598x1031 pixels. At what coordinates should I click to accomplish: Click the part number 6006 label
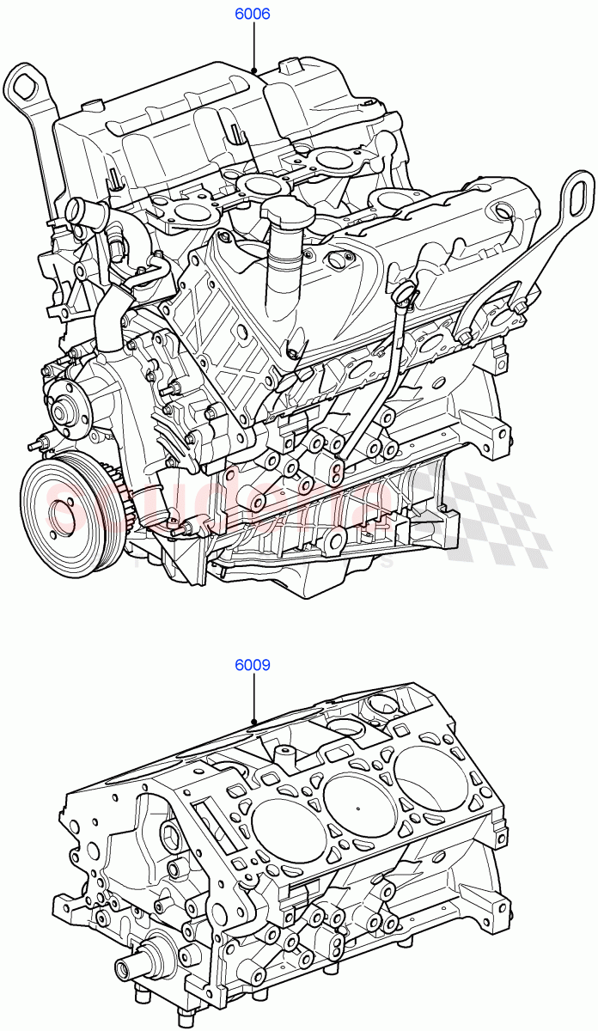(x=253, y=15)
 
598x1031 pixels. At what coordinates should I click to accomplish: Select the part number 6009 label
(x=253, y=664)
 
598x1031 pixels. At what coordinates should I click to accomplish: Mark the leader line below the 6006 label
(x=253, y=46)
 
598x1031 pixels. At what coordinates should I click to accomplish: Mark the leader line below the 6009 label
(x=253, y=698)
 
